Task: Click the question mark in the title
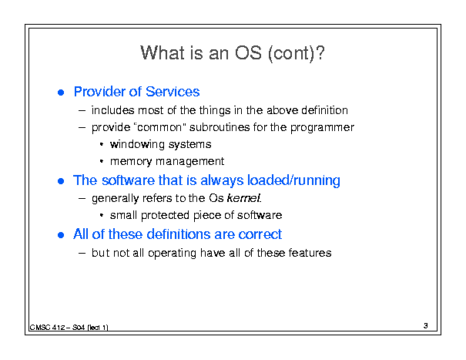tap(320, 53)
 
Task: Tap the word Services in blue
tap(173, 91)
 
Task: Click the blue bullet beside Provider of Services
tap(61, 93)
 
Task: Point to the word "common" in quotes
tap(160, 127)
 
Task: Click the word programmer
tap(322, 128)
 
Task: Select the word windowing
tap(137, 144)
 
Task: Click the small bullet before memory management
tap(102, 161)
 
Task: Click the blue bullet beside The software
tap(61, 181)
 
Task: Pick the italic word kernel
tap(244, 198)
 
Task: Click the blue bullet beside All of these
tap(61, 235)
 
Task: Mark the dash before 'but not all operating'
tap(82, 253)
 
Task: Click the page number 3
tap(426, 326)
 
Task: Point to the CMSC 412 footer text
tap(69, 328)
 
